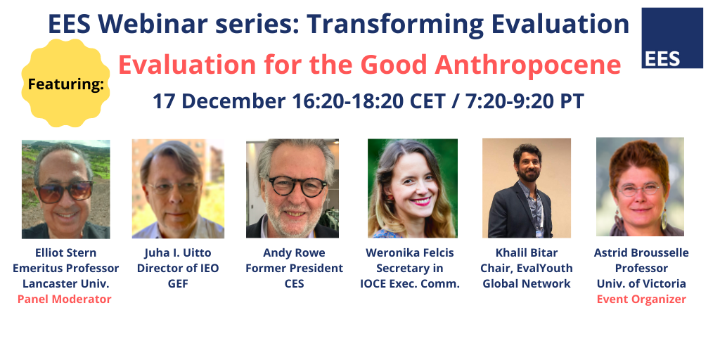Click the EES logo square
click(x=671, y=38)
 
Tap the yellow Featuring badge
click(x=65, y=83)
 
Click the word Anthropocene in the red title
click(x=528, y=65)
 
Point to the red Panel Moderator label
click(x=64, y=300)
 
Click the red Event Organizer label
click(x=641, y=300)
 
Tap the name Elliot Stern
click(x=65, y=252)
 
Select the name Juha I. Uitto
click(x=178, y=252)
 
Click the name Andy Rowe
click(x=294, y=252)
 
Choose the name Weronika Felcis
click(x=410, y=252)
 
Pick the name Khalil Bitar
click(x=527, y=252)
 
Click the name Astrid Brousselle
click(x=641, y=252)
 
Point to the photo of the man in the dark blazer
click(x=527, y=188)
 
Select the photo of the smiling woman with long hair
click(x=412, y=188)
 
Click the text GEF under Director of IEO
click(x=178, y=284)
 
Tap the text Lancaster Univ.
click(x=65, y=284)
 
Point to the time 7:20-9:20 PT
click(x=525, y=101)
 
